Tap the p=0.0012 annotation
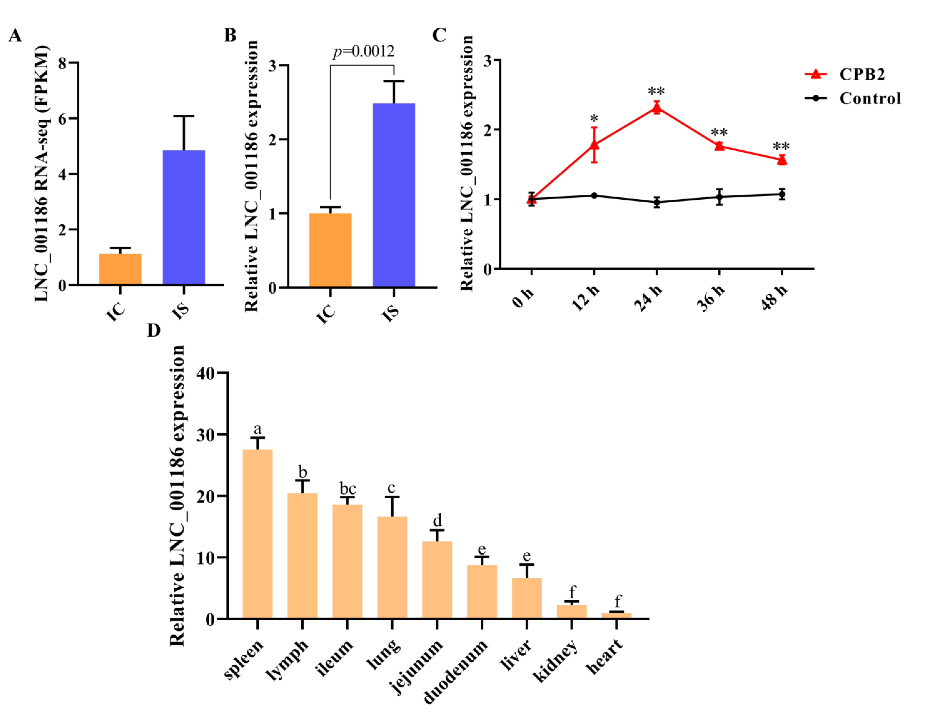(x=363, y=51)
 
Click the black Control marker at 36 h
(x=719, y=197)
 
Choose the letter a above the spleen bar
(x=257, y=429)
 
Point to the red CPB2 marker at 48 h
(x=782, y=160)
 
